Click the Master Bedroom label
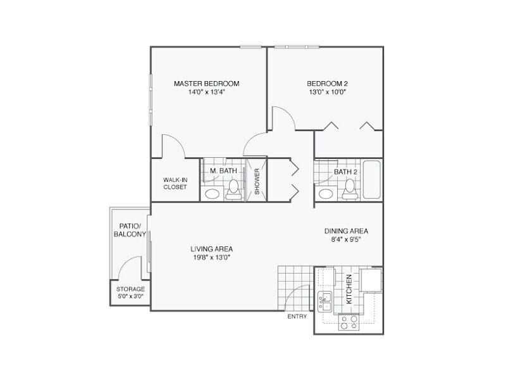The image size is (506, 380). coord(207,84)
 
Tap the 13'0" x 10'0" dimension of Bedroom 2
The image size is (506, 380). coord(327,92)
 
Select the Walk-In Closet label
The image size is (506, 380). coord(175,183)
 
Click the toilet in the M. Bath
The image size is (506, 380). coord(233,189)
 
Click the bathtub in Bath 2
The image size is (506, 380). coord(372,179)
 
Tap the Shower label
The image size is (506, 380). coord(257,181)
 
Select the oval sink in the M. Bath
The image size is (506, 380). coord(213,194)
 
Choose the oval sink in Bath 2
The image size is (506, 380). coord(326,194)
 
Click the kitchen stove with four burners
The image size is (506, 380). coord(349,322)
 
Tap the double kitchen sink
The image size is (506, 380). coord(325,301)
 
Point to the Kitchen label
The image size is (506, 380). coord(349,289)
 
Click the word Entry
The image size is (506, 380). coord(297,317)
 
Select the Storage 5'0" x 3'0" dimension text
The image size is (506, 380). coord(130,296)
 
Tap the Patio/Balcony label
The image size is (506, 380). coord(130,230)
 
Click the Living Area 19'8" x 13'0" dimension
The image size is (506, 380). coord(211,258)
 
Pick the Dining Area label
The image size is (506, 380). coord(346,231)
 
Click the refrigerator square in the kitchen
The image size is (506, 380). coord(371,279)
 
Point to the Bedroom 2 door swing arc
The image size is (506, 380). coord(288,114)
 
